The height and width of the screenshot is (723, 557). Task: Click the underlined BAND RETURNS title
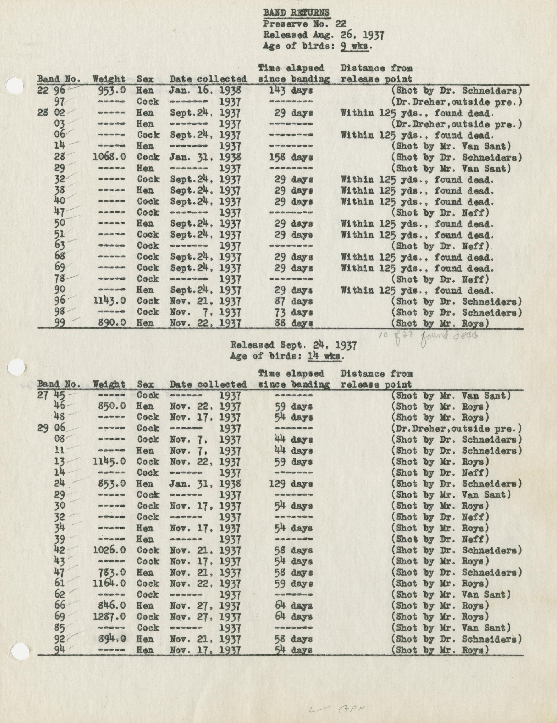pos(296,13)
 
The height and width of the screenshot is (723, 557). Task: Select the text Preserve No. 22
pos(305,24)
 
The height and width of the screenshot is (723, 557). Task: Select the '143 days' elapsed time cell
pos(293,90)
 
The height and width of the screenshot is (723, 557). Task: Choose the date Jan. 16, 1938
pos(205,90)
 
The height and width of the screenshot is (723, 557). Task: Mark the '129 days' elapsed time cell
pos(293,484)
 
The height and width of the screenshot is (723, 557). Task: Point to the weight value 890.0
pos(112,323)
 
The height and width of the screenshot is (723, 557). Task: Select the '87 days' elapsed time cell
pos(293,301)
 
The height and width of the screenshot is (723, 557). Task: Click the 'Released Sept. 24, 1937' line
pos(293,345)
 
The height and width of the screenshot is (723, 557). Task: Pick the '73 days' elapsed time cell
pos(293,312)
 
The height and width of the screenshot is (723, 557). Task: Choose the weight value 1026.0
pos(109,550)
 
